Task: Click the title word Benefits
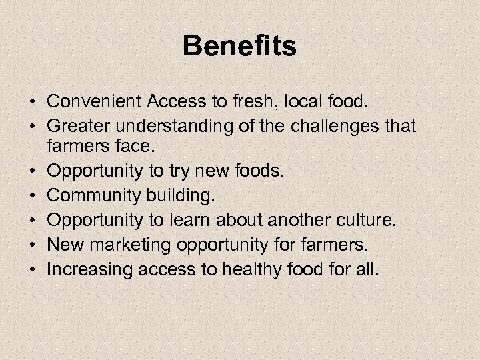click(x=239, y=47)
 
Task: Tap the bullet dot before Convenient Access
click(x=32, y=102)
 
